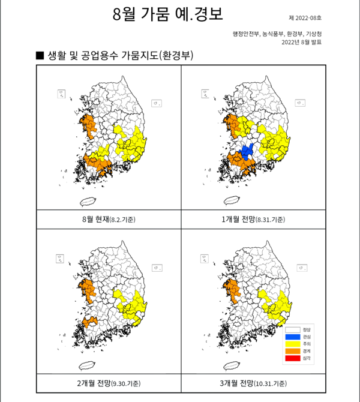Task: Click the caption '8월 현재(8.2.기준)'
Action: pyautogui.click(x=109, y=220)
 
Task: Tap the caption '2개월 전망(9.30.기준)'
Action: pyautogui.click(x=109, y=382)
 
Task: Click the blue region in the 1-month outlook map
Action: pyautogui.click(x=248, y=150)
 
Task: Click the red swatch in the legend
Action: pyautogui.click(x=292, y=358)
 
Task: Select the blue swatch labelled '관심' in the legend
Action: pyautogui.click(x=292, y=337)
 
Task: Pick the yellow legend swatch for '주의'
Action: pyautogui.click(x=292, y=344)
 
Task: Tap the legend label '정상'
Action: pyautogui.click(x=307, y=329)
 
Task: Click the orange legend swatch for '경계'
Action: pyautogui.click(x=292, y=351)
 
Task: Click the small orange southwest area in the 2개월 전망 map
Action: pyautogui.click(x=90, y=323)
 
